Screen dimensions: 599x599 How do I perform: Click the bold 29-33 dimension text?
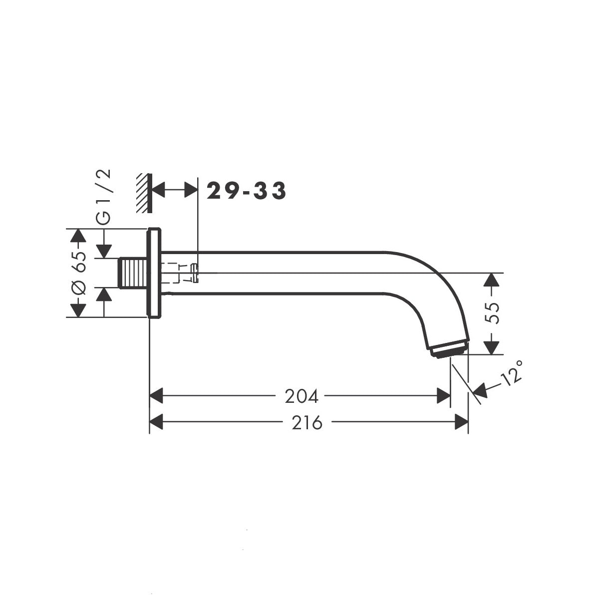coord(246,190)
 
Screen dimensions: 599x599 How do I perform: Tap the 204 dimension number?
coord(301,396)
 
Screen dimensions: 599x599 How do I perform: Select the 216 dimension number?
coord(307,422)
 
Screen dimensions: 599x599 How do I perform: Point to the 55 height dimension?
coord(492,313)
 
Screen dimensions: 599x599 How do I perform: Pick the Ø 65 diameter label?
coord(78,273)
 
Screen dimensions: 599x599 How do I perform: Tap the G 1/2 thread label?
coord(103,197)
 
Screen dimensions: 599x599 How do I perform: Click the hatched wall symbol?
coord(144,193)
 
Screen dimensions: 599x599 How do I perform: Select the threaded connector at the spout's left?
coord(132,273)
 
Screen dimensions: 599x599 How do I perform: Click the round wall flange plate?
coord(154,273)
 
